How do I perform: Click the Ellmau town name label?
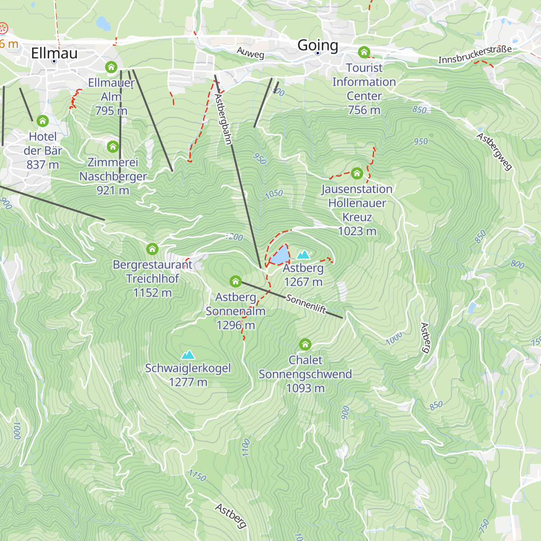pyautogui.click(x=54, y=53)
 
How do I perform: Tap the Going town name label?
pyautogui.click(x=317, y=45)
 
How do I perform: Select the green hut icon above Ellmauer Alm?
pyautogui.click(x=111, y=68)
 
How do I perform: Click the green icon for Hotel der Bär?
pyautogui.click(x=43, y=121)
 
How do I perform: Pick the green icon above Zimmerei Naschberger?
pyautogui.click(x=113, y=147)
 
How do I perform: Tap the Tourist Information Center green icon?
pyautogui.click(x=364, y=52)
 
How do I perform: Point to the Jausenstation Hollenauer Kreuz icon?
pyautogui.click(x=357, y=173)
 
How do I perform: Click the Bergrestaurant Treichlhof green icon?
pyautogui.click(x=152, y=248)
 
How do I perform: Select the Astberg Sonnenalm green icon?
pyautogui.click(x=235, y=282)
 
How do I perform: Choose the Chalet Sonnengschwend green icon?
pyautogui.click(x=305, y=344)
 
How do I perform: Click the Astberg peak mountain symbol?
pyautogui.click(x=303, y=255)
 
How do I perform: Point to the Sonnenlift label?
pyautogui.click(x=306, y=304)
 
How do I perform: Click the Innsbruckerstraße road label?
pyautogui.click(x=475, y=54)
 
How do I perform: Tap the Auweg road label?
pyautogui.click(x=250, y=53)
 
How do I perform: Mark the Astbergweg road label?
pyautogui.click(x=495, y=152)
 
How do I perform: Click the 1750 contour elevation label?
pyautogui.click(x=197, y=475)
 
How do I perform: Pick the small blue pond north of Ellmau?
pyautogui.click(x=103, y=23)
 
